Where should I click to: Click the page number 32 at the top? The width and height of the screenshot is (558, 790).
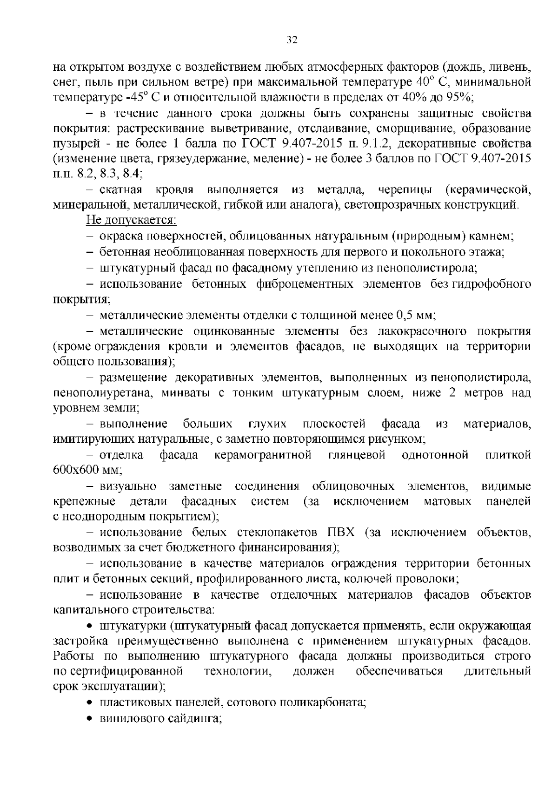tap(292, 40)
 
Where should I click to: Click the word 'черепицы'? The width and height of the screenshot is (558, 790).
tap(404, 190)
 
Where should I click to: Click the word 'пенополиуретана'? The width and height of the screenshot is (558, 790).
tap(102, 393)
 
